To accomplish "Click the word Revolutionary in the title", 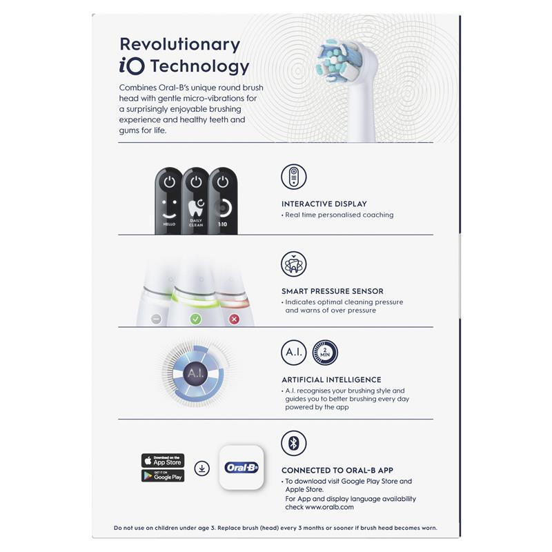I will [x=179, y=44].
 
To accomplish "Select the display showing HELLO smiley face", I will [x=169, y=200].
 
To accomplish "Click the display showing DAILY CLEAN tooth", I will [x=196, y=200].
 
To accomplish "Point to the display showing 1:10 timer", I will [x=222, y=200].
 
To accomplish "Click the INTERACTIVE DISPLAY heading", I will [x=324, y=204].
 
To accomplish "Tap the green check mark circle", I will [x=195, y=319].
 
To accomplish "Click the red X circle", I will [x=233, y=319].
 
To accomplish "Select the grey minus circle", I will [x=157, y=319].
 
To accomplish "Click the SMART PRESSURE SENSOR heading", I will [x=332, y=291].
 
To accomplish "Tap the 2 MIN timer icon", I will [x=325, y=353].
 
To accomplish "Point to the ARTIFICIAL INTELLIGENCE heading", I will [x=331, y=379].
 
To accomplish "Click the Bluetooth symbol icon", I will [x=294, y=443].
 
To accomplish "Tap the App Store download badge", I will [x=163, y=460].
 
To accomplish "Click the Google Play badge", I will [x=163, y=475].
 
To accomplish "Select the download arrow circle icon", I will [x=201, y=469].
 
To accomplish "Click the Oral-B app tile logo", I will [x=241, y=468].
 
